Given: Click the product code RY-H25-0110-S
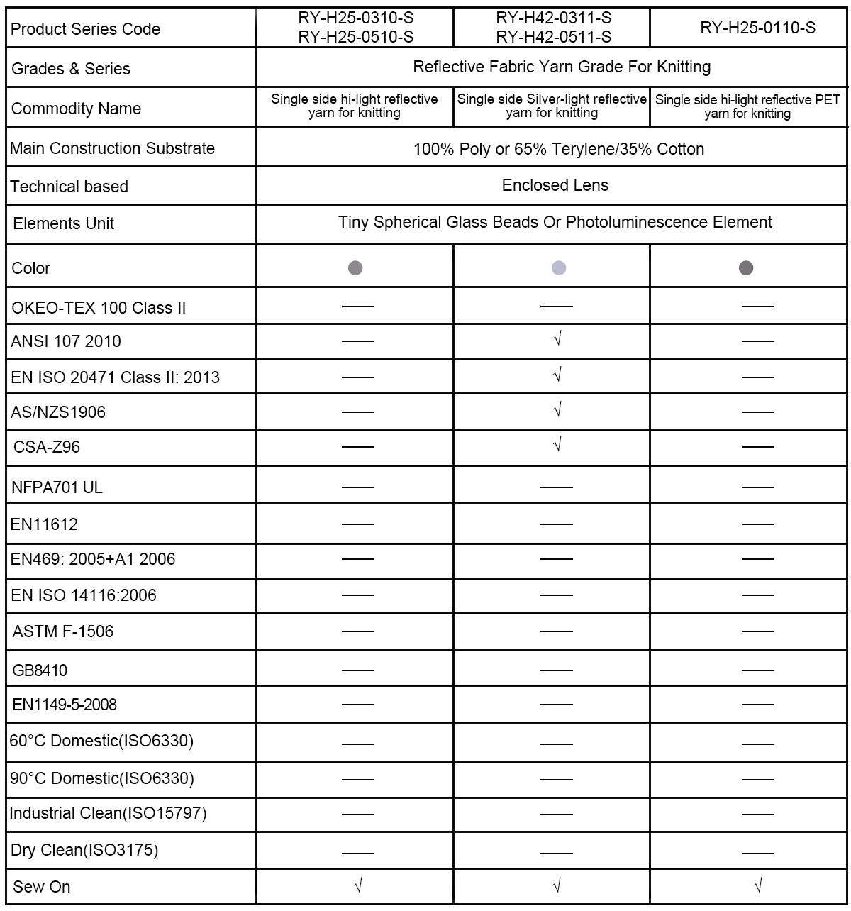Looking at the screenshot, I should (x=757, y=28).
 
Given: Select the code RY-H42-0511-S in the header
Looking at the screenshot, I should (x=554, y=37).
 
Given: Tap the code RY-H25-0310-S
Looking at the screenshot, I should (x=355, y=18).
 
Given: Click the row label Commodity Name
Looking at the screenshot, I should (x=76, y=109).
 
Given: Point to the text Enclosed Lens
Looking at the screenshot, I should (x=555, y=185).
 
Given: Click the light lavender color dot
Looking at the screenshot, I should (x=559, y=267).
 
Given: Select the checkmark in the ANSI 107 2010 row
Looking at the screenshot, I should (x=557, y=339).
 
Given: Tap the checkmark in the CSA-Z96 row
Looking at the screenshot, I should (x=557, y=445).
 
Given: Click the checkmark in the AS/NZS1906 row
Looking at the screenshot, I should (x=557, y=409).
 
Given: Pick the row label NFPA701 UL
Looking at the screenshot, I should (x=57, y=487).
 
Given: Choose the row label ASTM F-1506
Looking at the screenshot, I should (x=62, y=631).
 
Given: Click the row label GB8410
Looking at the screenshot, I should (x=40, y=670).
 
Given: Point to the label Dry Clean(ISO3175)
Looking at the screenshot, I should (x=84, y=850).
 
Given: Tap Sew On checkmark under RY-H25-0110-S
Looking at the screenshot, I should (x=758, y=885).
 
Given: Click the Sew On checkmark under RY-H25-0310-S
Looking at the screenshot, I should (x=357, y=885).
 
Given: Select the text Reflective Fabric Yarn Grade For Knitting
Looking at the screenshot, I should (x=562, y=67).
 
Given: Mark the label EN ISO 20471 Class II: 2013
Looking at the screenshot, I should (x=115, y=377).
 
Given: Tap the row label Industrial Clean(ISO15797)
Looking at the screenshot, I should (x=108, y=813).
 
